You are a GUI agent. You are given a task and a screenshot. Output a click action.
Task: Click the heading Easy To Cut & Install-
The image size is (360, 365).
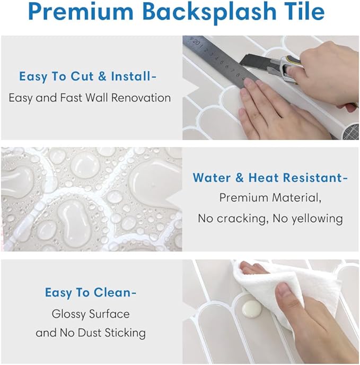coord(88,76)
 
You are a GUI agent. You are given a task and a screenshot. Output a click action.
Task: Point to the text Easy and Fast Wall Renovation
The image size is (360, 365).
coord(90,98)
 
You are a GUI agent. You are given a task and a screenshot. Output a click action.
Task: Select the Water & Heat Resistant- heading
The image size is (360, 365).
coord(270,177)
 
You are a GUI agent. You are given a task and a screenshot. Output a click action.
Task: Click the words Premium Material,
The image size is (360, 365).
coord(270,197)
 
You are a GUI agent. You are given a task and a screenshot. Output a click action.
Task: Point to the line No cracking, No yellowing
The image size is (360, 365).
coord(270,218)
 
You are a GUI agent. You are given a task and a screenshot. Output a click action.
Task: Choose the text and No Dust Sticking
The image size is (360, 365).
coord(90,333)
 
